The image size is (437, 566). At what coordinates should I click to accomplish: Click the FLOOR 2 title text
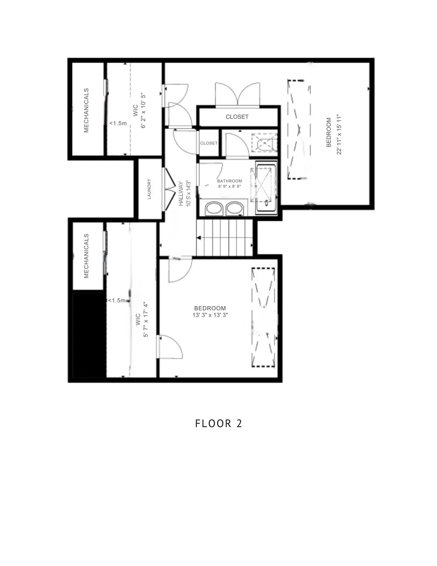(x=218, y=423)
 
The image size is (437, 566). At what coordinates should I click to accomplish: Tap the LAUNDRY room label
(x=149, y=189)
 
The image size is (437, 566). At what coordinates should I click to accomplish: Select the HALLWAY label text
(x=181, y=193)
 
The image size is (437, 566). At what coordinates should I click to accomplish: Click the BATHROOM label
(x=229, y=181)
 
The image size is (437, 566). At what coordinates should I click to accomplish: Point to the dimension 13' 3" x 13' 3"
(x=210, y=315)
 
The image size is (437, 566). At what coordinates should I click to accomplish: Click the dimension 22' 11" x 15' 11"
(x=338, y=134)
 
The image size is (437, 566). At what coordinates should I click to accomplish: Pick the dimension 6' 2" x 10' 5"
(x=143, y=110)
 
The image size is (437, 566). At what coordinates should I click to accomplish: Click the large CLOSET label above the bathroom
(x=237, y=117)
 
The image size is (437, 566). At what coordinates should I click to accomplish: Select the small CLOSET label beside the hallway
(x=209, y=143)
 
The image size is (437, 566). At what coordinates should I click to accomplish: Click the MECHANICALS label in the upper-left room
(x=86, y=110)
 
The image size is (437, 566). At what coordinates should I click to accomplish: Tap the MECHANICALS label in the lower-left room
(x=86, y=256)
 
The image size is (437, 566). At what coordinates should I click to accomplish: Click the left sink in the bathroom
(x=214, y=208)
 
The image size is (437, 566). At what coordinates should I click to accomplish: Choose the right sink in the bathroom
(x=235, y=208)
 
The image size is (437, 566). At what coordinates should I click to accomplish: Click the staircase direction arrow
(x=199, y=238)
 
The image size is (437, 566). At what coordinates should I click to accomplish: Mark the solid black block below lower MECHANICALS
(x=89, y=335)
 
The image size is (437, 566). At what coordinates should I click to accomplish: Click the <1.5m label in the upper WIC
(x=118, y=123)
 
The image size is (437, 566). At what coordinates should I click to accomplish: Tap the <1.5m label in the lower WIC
(x=117, y=301)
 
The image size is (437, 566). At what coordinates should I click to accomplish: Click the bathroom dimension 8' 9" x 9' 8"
(x=230, y=186)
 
